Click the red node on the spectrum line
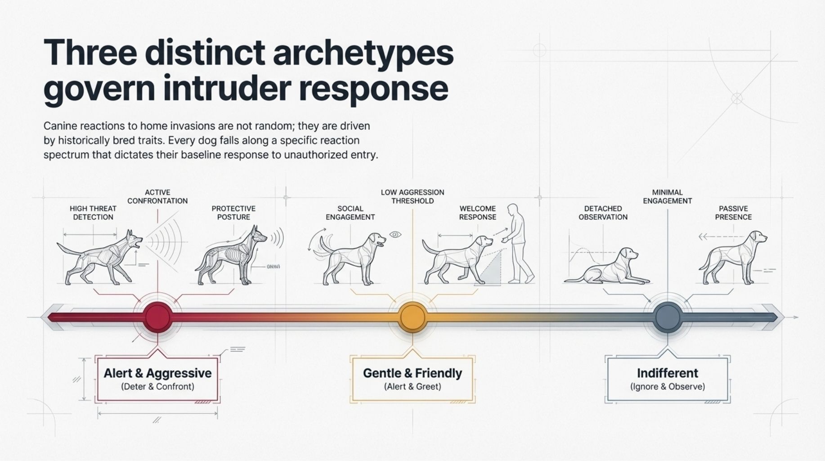click(x=158, y=317)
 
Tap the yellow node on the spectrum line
click(x=412, y=317)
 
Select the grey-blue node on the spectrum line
click(x=668, y=317)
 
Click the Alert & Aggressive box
click(x=157, y=380)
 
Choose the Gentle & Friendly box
click(x=412, y=380)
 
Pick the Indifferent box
click(x=668, y=380)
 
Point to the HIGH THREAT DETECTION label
click(x=93, y=213)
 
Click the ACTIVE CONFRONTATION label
click(x=157, y=197)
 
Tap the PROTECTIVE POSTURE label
click(x=233, y=213)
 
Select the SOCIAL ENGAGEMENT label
click(x=350, y=213)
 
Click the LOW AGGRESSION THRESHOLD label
click(x=412, y=197)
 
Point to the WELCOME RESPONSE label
click(x=478, y=213)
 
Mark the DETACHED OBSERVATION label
click(x=603, y=213)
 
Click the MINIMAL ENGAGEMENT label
click(x=668, y=197)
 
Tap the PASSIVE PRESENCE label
click(x=734, y=213)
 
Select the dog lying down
click(x=607, y=267)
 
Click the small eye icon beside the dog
click(x=395, y=235)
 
